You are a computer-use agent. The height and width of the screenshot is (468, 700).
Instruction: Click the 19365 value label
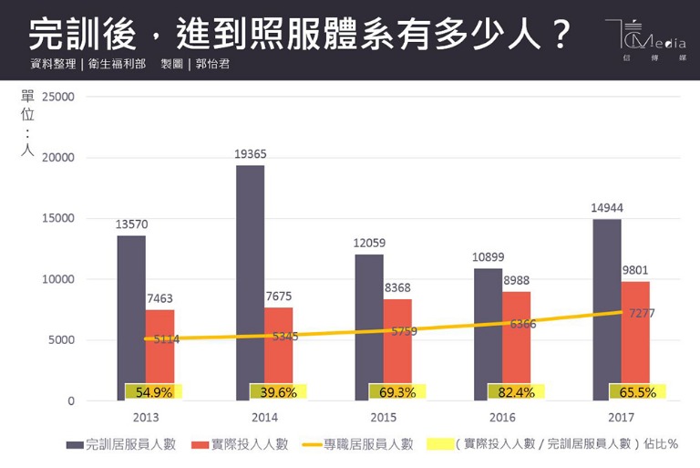pos(250,154)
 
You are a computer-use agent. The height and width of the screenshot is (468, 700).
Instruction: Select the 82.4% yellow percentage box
pos(515,391)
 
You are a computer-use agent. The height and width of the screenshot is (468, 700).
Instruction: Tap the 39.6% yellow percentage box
pos(278,391)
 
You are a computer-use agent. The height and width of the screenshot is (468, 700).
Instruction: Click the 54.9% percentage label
pos(154,391)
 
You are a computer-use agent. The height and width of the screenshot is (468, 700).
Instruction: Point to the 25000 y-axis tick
pos(57,97)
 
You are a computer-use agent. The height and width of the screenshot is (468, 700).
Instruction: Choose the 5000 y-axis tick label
pos(60,340)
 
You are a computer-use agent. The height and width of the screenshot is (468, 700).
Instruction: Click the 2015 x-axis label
pos(383,417)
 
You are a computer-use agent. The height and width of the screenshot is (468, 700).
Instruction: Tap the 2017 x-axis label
pos(622,417)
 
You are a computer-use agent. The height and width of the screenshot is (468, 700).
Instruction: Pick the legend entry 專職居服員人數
pos(368,444)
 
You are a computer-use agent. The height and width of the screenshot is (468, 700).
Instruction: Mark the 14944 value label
pos(607,208)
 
